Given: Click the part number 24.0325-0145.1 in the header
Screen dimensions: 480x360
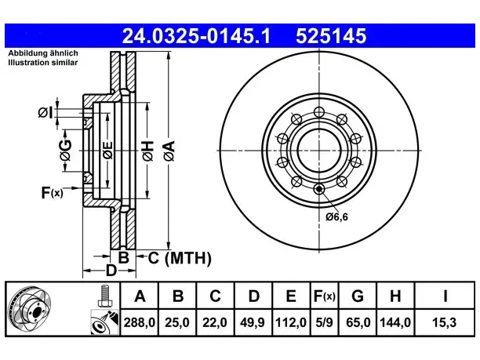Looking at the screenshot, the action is (196, 36).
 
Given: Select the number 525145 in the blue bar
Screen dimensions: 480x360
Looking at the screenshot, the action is (331, 36).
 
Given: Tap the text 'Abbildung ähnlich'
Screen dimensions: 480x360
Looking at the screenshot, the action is (43, 53).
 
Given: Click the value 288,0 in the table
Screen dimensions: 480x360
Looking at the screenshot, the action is (140, 322).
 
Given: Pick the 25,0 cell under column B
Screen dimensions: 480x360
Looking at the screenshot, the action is (177, 322).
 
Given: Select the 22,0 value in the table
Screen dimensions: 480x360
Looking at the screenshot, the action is (215, 322).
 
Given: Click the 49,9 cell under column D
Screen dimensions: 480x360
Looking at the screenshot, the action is (253, 322).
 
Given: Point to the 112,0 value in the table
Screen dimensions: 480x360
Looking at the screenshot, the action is (291, 322).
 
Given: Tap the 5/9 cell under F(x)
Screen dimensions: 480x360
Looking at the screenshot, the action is (324, 322).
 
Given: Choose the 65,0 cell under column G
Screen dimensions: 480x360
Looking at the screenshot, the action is (358, 322).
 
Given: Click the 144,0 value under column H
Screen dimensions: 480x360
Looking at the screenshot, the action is (395, 322).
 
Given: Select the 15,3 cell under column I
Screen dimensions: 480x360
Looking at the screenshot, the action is (444, 322).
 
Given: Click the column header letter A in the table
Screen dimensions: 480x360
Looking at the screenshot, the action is (140, 296).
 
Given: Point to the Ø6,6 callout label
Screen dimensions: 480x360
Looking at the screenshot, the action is (337, 217).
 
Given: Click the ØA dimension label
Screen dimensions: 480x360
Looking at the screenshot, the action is (169, 151).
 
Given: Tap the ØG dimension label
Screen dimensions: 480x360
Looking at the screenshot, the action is (66, 151).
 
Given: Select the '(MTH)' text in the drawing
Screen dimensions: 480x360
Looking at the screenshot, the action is (188, 258).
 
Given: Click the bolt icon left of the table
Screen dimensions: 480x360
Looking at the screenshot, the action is (104, 296).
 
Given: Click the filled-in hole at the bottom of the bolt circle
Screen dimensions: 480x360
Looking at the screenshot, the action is (319, 189).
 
